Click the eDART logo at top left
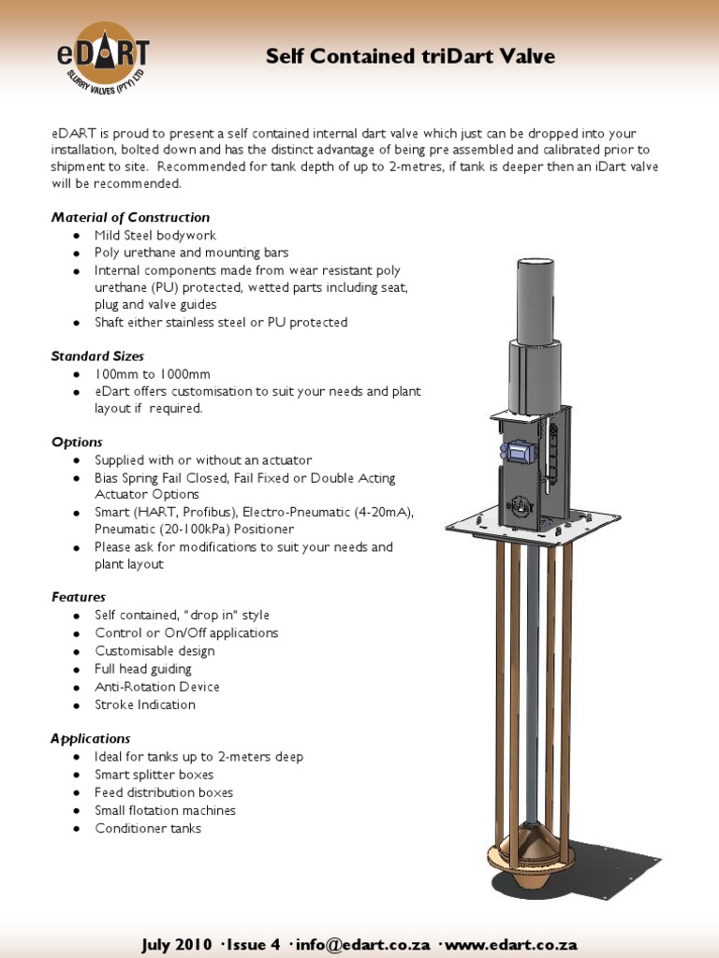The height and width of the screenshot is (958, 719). pyautogui.click(x=101, y=57)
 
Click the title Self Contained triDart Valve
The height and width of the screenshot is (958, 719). pyautogui.click(x=410, y=57)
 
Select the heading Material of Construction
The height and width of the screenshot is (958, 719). pyautogui.click(x=130, y=217)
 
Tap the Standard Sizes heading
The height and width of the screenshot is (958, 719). pyautogui.click(x=97, y=356)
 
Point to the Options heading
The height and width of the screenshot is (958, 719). pyautogui.click(x=77, y=442)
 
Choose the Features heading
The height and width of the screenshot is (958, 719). pyautogui.click(x=79, y=597)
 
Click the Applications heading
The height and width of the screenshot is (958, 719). pyautogui.click(x=90, y=738)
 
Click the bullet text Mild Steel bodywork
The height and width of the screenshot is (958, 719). pyautogui.click(x=155, y=235)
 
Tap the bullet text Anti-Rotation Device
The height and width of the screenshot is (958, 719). pyautogui.click(x=157, y=687)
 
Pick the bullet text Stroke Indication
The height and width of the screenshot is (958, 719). pyautogui.click(x=145, y=704)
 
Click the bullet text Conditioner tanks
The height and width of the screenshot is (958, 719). pyautogui.click(x=148, y=828)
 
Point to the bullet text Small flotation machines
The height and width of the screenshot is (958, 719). pyautogui.click(x=165, y=810)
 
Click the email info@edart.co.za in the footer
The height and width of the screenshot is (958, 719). pyautogui.click(x=361, y=944)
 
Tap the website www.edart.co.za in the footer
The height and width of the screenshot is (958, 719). pyautogui.click(x=511, y=944)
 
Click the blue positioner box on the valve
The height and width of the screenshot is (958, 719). pyautogui.click(x=517, y=451)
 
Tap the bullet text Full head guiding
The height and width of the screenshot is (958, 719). pyautogui.click(x=143, y=669)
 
